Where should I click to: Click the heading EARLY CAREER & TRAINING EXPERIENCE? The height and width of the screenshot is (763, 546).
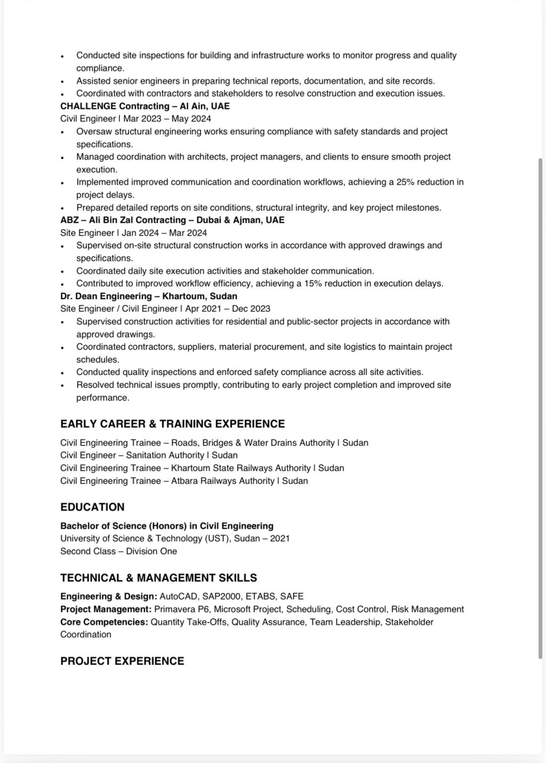click(x=172, y=424)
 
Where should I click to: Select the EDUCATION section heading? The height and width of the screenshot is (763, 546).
click(x=92, y=507)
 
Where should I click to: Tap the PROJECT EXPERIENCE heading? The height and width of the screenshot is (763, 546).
click(x=122, y=661)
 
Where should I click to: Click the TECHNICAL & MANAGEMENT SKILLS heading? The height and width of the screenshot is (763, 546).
click(x=158, y=577)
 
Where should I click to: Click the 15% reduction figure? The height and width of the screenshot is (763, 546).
click(x=313, y=283)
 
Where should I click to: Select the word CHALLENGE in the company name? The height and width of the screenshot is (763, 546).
click(x=88, y=106)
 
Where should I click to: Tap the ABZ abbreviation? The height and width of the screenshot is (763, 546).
click(x=69, y=220)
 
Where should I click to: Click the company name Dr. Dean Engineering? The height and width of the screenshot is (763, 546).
click(x=106, y=296)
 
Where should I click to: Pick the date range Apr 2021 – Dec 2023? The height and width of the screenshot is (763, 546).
click(x=228, y=308)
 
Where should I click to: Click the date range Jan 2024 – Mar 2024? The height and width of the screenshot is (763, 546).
click(x=164, y=233)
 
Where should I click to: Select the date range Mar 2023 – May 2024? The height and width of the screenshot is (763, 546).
click(x=167, y=118)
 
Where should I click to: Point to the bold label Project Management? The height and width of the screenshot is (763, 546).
click(x=106, y=609)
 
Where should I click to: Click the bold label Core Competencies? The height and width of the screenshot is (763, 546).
click(x=104, y=622)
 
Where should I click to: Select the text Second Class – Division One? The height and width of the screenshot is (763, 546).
click(x=118, y=551)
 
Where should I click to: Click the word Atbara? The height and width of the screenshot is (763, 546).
click(x=184, y=481)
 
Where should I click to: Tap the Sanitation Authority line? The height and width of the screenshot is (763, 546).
click(x=149, y=455)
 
